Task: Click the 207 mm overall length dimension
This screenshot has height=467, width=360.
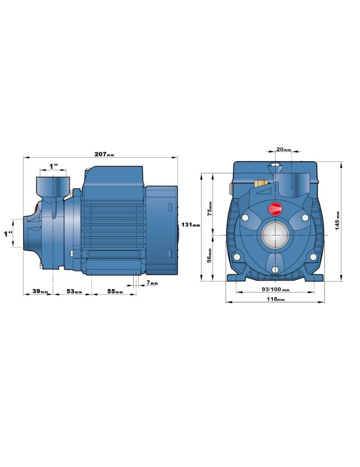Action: pos(104,154)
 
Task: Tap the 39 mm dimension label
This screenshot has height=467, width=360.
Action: pos(40,291)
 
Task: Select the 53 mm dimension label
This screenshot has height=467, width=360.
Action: pos(74,291)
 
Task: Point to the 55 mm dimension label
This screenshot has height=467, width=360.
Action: pos(115,291)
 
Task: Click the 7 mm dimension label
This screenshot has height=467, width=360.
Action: pos(152,283)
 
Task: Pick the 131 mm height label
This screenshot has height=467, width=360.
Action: pos(191,225)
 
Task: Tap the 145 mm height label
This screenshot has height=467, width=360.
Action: pos(337,221)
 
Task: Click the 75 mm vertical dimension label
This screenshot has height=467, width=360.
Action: pos(210,208)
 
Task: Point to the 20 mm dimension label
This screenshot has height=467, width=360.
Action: pos(283,149)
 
